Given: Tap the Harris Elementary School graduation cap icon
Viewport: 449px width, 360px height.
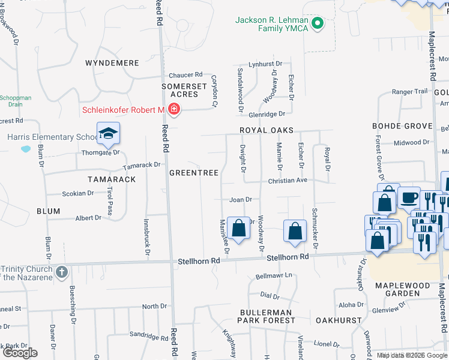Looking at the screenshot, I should pos(108,133).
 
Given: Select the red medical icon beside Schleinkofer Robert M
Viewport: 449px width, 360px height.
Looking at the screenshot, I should pos(174,109).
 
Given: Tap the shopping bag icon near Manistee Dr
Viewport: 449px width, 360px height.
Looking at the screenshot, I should pos(239,228).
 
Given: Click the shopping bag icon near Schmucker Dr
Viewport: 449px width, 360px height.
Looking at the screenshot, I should pos(295,230).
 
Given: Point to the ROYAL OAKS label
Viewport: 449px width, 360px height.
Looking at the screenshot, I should pos(267,130).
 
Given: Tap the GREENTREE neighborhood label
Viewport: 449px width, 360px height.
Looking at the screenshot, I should pos(193,172).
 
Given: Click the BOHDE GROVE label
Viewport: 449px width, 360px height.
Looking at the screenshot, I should pos(402,126).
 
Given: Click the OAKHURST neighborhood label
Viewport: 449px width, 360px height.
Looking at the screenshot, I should pos(339,320).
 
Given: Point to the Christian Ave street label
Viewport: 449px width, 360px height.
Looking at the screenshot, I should pos(288,180).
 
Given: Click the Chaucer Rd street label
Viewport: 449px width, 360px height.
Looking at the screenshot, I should pos(185,75).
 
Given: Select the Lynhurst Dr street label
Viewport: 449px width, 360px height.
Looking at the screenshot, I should pos(265,64).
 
